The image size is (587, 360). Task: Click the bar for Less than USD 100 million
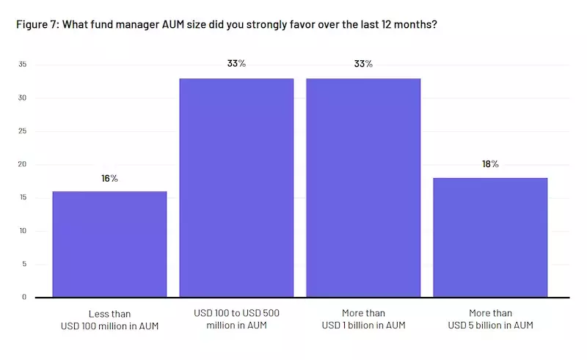pyautogui.click(x=109, y=244)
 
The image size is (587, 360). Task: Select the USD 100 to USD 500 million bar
pyautogui.click(x=236, y=188)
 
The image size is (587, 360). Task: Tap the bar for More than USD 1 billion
pyautogui.click(x=363, y=188)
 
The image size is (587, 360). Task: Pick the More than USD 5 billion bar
pyautogui.click(x=490, y=238)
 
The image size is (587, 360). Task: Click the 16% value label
pyautogui.click(x=109, y=178)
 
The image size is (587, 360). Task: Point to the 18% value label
pyautogui.click(x=490, y=164)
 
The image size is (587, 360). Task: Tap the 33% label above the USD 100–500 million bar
pyautogui.click(x=236, y=64)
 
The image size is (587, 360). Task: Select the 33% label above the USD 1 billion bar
pyautogui.click(x=363, y=64)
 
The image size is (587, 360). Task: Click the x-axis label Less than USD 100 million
pyautogui.click(x=109, y=319)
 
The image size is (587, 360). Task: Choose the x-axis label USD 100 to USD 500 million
pyautogui.click(x=236, y=319)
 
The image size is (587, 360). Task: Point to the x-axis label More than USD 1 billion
pyautogui.click(x=363, y=319)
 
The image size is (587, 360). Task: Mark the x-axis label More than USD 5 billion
pyautogui.click(x=490, y=319)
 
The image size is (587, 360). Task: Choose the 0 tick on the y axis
pyautogui.click(x=24, y=297)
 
